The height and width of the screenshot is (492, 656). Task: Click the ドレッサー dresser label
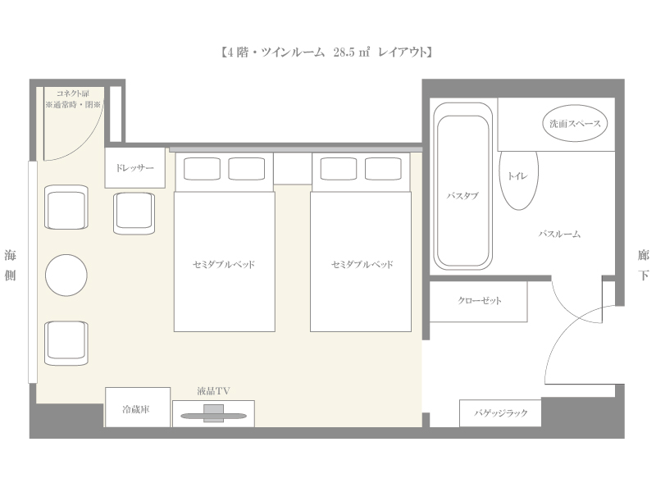[134, 168]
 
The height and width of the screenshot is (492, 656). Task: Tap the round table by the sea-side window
[66, 276]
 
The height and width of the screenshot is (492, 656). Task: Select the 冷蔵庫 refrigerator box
[138, 407]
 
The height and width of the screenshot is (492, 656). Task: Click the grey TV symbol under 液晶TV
[213, 413]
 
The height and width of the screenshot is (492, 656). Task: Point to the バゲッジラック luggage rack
[500, 413]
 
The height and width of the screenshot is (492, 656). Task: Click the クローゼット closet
[479, 301]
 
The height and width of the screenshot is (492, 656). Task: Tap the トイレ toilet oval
[519, 180]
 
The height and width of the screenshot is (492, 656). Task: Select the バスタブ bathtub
[462, 186]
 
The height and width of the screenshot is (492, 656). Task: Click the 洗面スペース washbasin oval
[575, 123]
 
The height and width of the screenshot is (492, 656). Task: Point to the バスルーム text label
[559, 234]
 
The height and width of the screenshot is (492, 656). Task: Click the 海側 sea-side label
[10, 265]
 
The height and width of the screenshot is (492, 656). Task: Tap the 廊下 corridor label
[643, 265]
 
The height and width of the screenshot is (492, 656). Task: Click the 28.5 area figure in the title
[344, 52]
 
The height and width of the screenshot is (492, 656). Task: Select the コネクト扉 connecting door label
[73, 93]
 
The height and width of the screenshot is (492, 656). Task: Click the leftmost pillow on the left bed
[202, 169]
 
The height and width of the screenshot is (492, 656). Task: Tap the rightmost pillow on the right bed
[383, 169]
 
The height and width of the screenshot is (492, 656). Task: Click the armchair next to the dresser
[134, 213]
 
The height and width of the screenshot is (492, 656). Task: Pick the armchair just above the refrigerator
[66, 343]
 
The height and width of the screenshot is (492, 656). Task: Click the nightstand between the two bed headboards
[293, 168]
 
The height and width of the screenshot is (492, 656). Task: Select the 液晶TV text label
[213, 391]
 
